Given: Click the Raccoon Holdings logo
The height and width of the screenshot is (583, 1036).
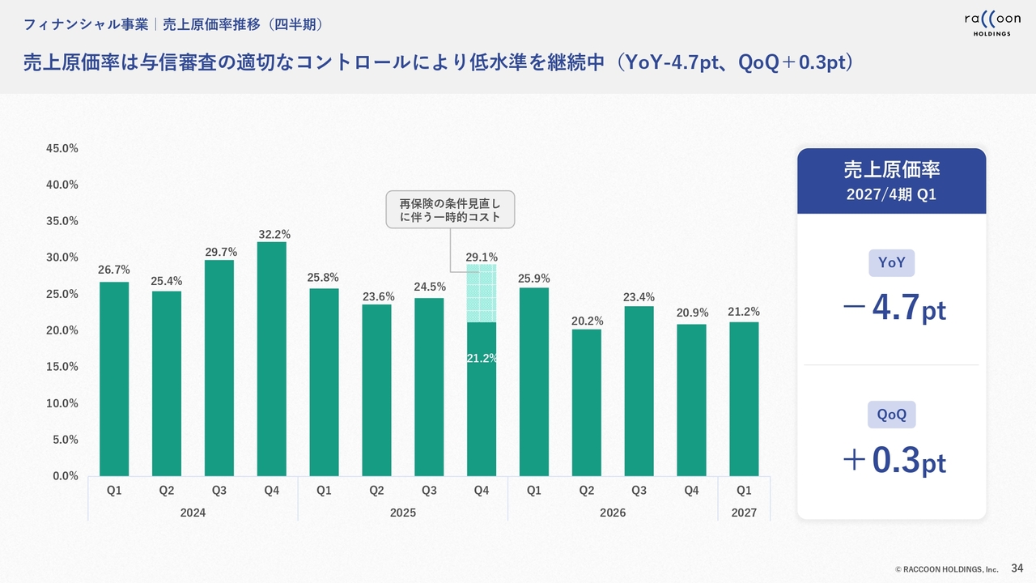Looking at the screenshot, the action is click(x=992, y=24).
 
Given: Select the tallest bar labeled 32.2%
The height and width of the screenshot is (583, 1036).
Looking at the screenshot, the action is click(x=271, y=359).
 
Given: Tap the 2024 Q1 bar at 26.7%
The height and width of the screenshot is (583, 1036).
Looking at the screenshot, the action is click(x=114, y=379).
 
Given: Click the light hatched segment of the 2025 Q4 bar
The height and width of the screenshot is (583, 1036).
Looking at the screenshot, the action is click(x=482, y=293).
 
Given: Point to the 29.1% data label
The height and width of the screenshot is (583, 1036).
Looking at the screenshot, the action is click(x=482, y=257).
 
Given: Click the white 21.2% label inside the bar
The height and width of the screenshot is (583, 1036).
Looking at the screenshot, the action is click(x=482, y=358).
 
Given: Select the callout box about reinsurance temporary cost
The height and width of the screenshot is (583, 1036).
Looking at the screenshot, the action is click(x=451, y=210).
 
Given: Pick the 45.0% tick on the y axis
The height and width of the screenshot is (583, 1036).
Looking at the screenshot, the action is click(x=62, y=148).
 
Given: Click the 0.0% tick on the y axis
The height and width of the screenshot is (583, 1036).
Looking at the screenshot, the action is click(x=66, y=476).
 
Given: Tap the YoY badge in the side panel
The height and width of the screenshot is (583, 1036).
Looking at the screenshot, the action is click(x=891, y=263).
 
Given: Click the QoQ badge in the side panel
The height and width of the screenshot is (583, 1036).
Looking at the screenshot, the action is click(x=891, y=415).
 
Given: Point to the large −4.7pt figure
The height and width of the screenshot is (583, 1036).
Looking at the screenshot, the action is click(x=894, y=308).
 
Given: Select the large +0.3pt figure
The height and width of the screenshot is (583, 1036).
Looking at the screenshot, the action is click(x=894, y=460).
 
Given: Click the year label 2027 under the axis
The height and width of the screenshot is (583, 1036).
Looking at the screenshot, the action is click(x=744, y=513).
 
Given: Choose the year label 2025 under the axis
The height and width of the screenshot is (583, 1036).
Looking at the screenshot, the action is click(x=403, y=513).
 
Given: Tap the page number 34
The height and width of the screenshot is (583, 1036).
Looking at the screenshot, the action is click(x=1017, y=568).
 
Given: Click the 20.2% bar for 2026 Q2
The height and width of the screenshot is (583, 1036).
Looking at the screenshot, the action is click(x=587, y=402).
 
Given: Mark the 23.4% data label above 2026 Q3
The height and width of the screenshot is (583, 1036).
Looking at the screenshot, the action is click(x=639, y=297).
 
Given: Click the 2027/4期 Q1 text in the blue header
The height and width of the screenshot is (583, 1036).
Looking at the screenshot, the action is click(x=891, y=194).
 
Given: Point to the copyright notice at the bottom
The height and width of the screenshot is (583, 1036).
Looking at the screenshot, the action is click(x=947, y=569).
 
